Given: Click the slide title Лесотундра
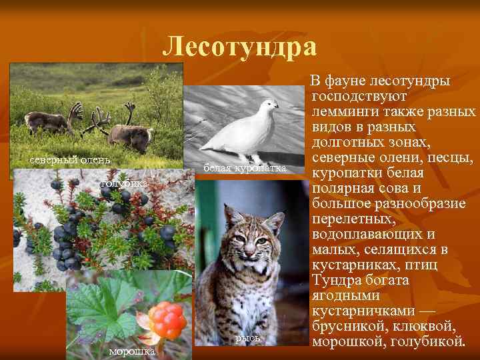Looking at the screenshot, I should tap(240, 47).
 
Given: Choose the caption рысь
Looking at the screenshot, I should tap(247, 339).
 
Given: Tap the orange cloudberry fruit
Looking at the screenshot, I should tap(167, 319).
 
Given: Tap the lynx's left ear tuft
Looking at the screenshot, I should tap(225, 208).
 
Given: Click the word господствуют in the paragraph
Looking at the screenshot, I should tap(354, 96).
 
